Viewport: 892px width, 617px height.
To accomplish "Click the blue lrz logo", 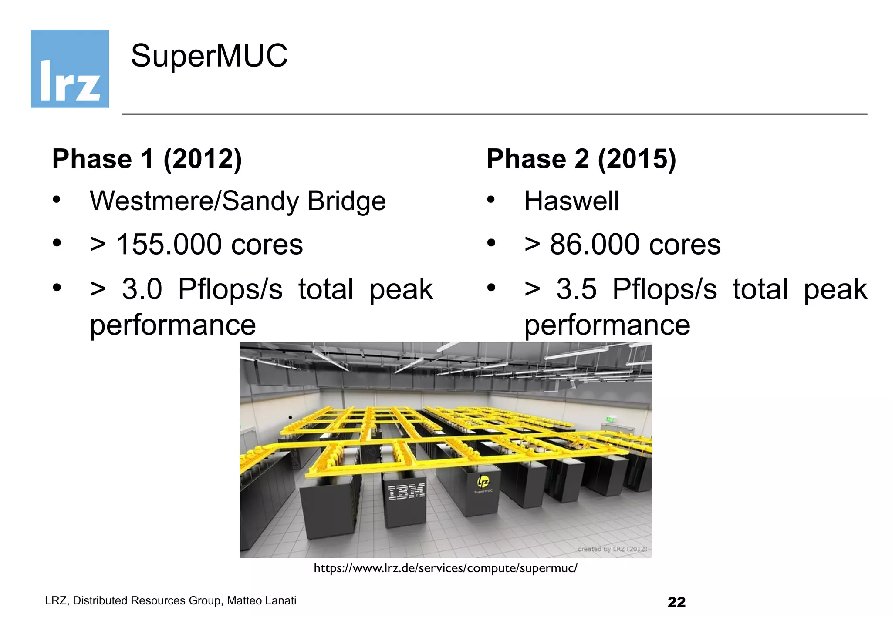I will click(70, 69).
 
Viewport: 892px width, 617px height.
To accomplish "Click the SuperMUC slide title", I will click(209, 56).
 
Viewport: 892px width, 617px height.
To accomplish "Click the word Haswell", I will click(571, 201).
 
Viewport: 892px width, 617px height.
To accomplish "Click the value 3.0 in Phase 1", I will click(142, 289).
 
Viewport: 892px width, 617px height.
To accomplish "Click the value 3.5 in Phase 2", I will click(576, 289).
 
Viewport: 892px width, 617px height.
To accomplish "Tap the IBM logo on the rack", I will click(406, 492).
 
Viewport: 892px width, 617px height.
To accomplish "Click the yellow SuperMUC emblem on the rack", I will click(483, 482).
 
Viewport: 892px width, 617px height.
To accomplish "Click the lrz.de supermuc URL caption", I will click(446, 568).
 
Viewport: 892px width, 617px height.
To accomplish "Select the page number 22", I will click(676, 602).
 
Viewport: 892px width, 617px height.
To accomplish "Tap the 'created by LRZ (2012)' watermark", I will click(612, 549).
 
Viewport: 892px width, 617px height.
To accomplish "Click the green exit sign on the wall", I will click(610, 419).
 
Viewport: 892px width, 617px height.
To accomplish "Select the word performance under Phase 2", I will click(607, 325).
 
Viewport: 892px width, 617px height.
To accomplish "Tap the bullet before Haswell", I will click(491, 200).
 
